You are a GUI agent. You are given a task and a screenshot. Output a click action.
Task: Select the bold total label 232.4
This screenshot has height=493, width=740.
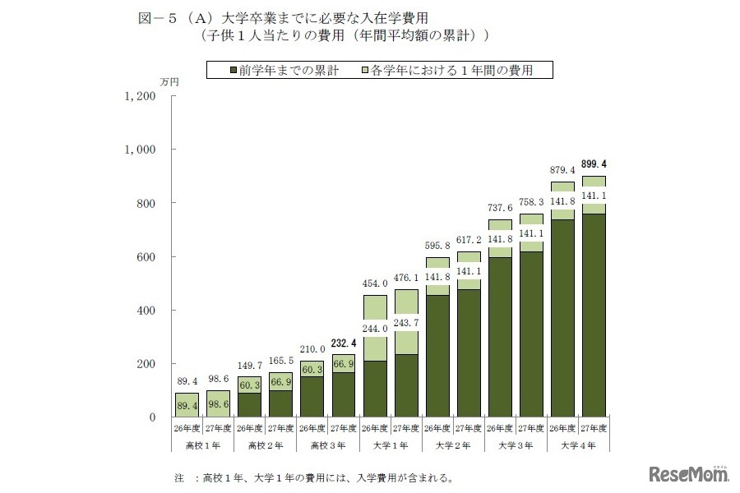[x=344, y=344]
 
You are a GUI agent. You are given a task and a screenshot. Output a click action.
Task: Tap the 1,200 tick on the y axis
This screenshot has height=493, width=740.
[x=139, y=96]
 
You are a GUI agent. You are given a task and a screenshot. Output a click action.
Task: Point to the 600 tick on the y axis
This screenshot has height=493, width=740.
[x=146, y=257]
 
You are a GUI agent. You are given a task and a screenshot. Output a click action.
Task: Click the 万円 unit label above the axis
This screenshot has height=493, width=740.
[x=168, y=82]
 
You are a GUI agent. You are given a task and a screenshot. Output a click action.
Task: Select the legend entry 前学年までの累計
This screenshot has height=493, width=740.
[x=284, y=70]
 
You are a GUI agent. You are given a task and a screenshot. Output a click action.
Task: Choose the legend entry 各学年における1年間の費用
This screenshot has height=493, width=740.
[x=447, y=70]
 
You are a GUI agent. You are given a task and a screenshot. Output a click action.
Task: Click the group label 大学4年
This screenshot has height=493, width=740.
[x=578, y=445]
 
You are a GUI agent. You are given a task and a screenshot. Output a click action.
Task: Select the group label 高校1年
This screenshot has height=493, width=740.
[x=203, y=445]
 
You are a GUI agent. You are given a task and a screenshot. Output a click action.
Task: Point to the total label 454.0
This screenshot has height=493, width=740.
[x=375, y=283]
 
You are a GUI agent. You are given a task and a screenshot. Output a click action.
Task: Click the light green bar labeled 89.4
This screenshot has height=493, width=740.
[x=187, y=405]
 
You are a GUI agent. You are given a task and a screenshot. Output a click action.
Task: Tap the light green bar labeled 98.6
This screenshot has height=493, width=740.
[x=219, y=403]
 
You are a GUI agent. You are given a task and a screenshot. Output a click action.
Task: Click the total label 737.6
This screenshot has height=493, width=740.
[x=500, y=208]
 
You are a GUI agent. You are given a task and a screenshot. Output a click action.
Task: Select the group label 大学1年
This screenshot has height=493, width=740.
[x=391, y=445]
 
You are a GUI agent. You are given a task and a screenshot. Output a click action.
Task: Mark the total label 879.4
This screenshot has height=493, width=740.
[x=562, y=170]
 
